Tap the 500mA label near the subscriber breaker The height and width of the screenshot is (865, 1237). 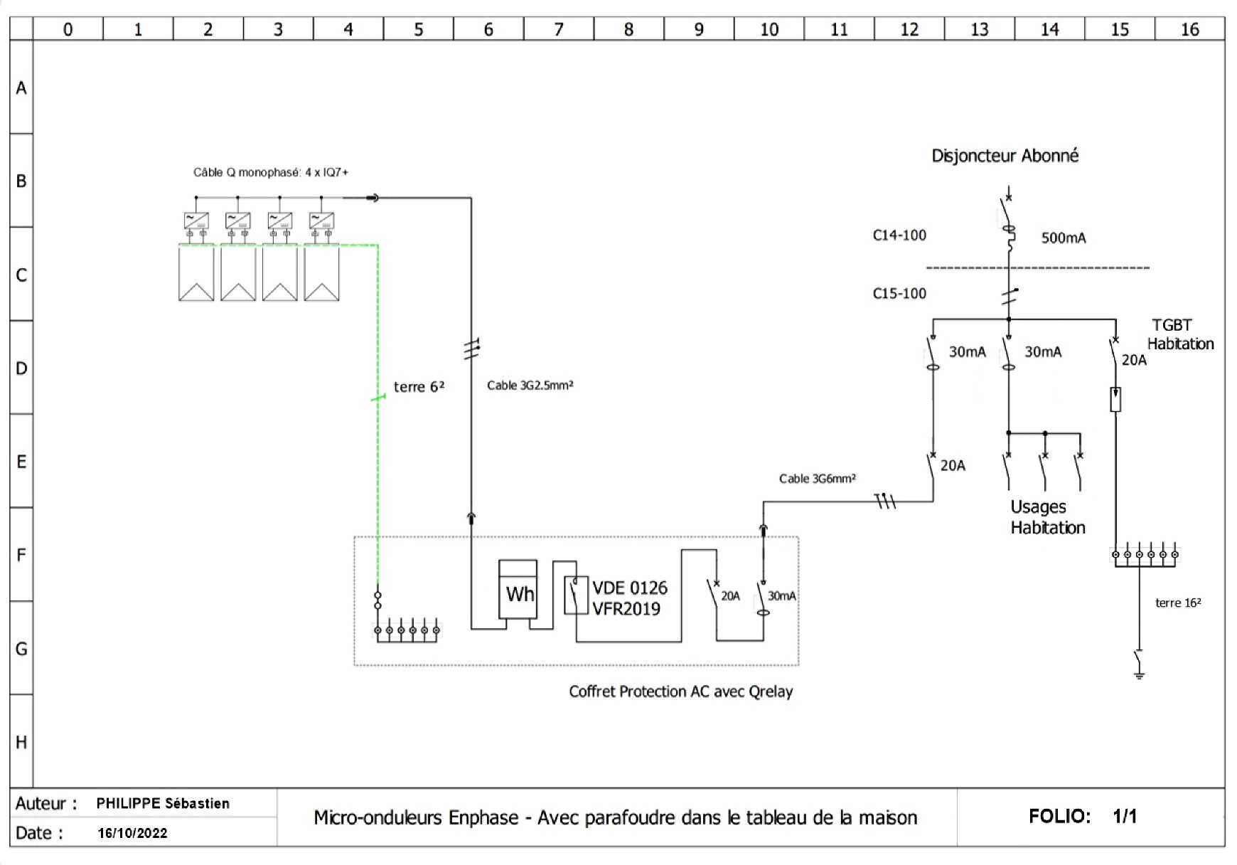pos(1063,238)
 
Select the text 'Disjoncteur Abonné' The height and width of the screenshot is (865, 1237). pos(1005,156)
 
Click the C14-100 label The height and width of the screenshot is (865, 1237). pos(899,235)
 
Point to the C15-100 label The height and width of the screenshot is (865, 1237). pos(899,294)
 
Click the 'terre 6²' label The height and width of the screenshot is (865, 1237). pos(419,387)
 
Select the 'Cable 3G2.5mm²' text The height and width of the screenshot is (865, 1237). pos(530,386)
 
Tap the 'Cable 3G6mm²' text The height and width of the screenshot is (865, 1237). pos(817,479)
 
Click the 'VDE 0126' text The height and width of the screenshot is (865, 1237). pos(629,588)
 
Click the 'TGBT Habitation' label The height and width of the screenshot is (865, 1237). pos(1179,334)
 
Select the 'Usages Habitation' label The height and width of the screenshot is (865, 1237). pos(1047,517)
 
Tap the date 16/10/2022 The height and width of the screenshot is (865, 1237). pos(133,833)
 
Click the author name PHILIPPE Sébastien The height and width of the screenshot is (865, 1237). pos(163,804)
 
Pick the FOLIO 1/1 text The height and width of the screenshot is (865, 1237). pos(1082,816)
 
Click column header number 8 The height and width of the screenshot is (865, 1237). pos(628,29)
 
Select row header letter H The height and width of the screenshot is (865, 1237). pos(21,742)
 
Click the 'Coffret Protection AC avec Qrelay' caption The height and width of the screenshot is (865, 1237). pos(680,691)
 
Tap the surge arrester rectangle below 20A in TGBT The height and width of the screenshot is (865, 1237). pos(1115,400)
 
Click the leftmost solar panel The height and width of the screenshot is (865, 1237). pos(196,272)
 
